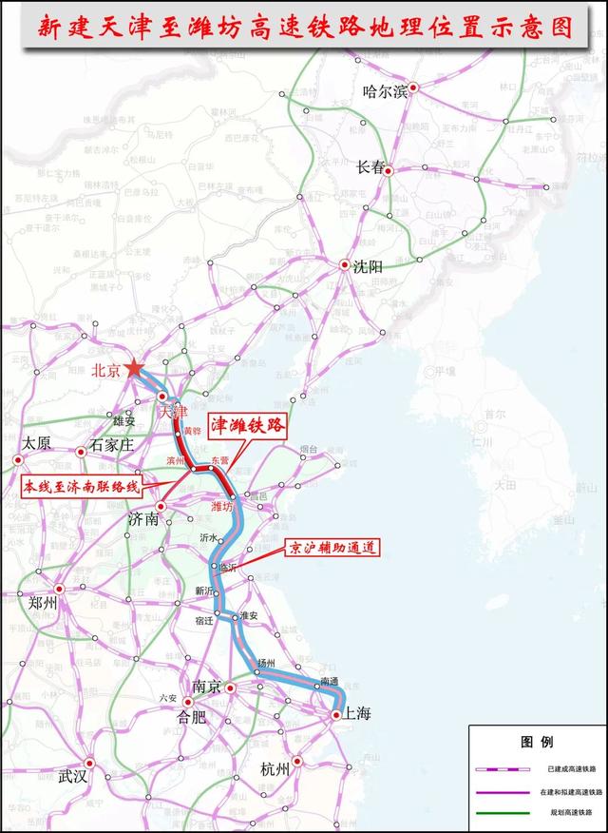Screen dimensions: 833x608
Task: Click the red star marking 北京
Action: click(134, 368)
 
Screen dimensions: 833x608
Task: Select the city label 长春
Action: click(370, 167)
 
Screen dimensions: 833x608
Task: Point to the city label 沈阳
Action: click(367, 267)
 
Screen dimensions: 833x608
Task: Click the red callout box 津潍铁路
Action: click(247, 427)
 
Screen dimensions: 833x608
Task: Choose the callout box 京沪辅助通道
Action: click(333, 548)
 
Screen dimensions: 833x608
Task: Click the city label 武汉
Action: click(72, 776)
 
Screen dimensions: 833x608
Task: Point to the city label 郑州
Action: click(44, 603)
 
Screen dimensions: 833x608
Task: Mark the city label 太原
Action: click(36, 443)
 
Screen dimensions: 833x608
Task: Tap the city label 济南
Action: click(144, 520)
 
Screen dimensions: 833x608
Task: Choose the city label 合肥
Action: click(194, 717)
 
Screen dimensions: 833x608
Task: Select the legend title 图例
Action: click(536, 741)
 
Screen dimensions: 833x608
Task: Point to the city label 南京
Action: click(206, 688)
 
